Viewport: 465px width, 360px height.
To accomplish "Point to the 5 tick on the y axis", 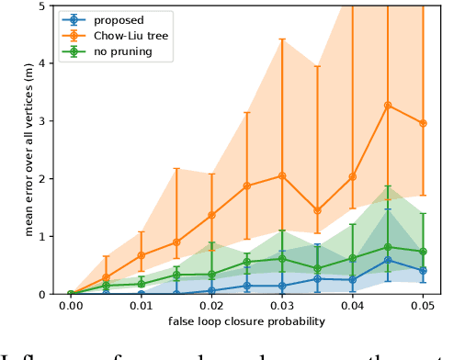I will [47, 6].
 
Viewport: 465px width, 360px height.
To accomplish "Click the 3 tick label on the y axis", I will [47, 120].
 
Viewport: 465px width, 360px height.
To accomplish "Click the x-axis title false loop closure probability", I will [246, 321].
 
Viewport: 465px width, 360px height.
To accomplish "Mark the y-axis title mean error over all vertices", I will [27, 150].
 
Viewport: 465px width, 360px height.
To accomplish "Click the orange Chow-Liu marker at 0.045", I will [388, 106].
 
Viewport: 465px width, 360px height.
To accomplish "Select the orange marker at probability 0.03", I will [282, 175].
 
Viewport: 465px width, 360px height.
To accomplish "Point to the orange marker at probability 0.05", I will [423, 123].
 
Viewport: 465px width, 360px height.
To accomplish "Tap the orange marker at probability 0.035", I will [317, 210].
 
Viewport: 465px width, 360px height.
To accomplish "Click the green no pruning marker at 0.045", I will [388, 247].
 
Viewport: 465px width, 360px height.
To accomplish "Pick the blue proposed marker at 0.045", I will [388, 260].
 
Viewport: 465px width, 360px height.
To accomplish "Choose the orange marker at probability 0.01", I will [142, 255].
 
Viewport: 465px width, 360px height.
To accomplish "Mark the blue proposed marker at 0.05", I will [423, 270].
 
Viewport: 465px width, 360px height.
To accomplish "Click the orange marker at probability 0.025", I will [247, 186].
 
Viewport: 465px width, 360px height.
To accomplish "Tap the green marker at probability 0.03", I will [282, 258].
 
